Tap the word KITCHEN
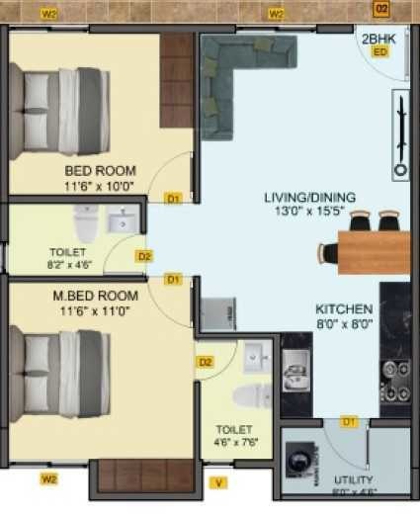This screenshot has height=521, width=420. click(x=344, y=308)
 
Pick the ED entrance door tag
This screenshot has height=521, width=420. click(x=379, y=51)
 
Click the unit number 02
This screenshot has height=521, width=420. click(x=381, y=9)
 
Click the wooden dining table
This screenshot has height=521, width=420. click(x=374, y=251)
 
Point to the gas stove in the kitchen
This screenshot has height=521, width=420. click(x=395, y=382)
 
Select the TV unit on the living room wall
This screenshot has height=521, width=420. click(x=400, y=133)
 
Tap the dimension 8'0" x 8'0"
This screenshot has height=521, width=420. click(x=344, y=322)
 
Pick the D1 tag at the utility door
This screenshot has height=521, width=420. click(x=348, y=422)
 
